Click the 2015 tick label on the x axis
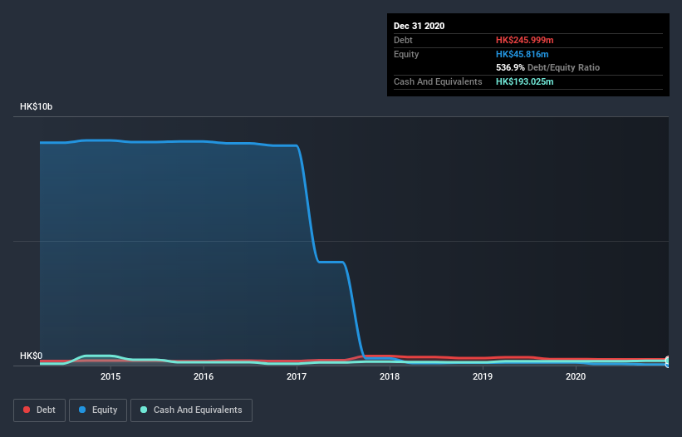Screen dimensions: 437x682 [110, 376]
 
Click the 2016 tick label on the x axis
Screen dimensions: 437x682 [204, 376]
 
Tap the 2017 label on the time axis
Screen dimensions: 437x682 [297, 376]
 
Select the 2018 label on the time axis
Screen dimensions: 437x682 [390, 376]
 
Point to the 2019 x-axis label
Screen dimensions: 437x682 [483, 376]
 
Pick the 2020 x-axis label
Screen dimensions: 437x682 [576, 376]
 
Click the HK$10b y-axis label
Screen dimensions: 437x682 [37, 107]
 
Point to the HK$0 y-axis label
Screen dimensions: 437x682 [31, 356]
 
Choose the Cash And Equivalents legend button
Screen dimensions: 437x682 [191, 410]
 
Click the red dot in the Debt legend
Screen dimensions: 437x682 [27, 410]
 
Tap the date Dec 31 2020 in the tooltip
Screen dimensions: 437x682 [420, 26]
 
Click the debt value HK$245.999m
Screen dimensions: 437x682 [525, 40]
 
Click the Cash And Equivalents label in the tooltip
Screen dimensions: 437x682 [438, 81]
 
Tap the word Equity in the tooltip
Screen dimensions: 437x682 [406, 54]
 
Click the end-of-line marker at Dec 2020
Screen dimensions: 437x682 [668, 361]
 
